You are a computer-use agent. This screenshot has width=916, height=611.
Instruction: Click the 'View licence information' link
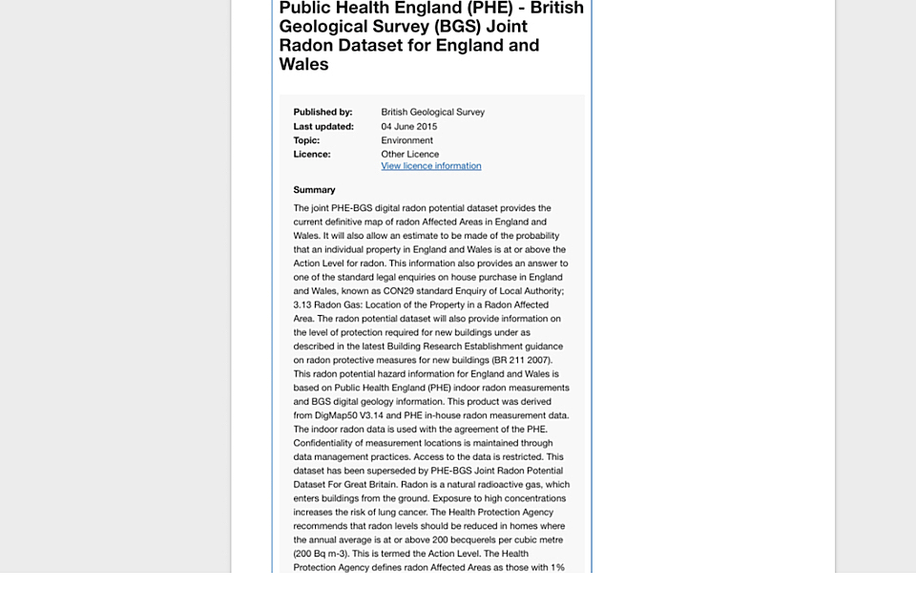(x=430, y=166)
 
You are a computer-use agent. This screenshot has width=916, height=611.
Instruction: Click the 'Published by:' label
(x=323, y=112)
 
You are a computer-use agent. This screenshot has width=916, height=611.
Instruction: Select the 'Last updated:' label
(x=323, y=126)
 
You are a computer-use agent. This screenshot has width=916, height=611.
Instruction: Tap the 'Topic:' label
(x=306, y=140)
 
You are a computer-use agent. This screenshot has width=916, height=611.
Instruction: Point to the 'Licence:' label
(x=311, y=154)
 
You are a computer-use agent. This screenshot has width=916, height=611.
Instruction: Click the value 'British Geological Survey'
(x=432, y=112)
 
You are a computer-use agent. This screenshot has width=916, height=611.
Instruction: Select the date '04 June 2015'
(x=408, y=126)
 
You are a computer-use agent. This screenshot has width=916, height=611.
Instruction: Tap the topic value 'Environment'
(x=406, y=140)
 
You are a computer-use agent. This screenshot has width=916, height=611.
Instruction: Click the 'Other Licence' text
(x=409, y=154)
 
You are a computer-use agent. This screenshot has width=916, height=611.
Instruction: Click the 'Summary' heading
(x=314, y=190)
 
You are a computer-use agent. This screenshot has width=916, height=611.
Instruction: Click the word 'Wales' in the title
(x=303, y=65)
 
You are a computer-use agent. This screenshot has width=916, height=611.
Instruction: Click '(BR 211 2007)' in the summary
(x=521, y=360)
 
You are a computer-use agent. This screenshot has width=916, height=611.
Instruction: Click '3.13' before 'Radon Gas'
(x=302, y=305)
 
